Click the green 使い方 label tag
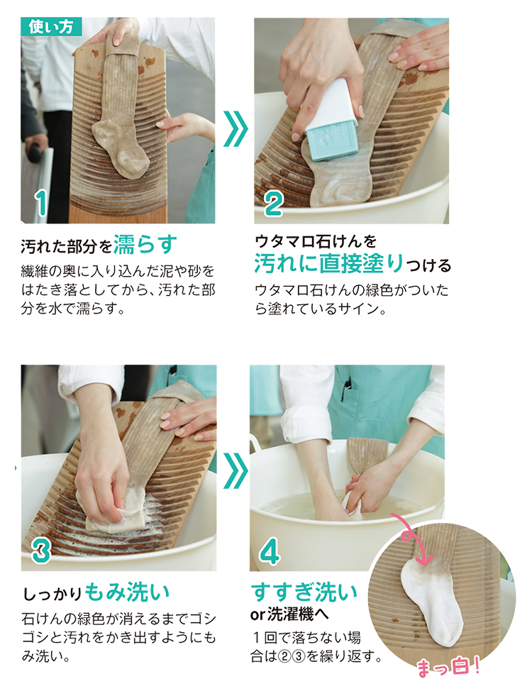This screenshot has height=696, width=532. [52, 27]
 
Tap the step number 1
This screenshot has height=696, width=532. [41, 204]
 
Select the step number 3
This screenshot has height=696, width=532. [41, 550]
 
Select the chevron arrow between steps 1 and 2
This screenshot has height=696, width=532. [235, 127]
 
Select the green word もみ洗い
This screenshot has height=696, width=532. [128, 591]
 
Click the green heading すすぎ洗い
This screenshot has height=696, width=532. [305, 591]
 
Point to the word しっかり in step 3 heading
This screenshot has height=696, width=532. [52, 593]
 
